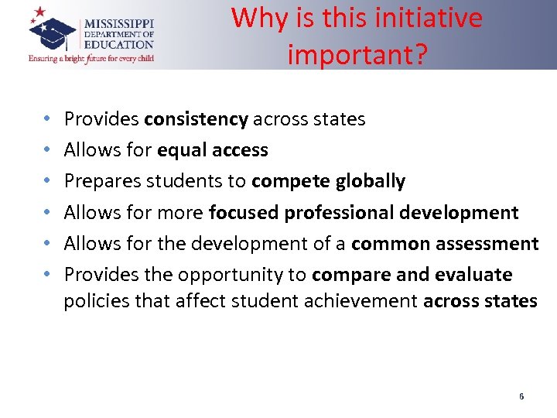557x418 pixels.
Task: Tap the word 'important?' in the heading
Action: (x=357, y=54)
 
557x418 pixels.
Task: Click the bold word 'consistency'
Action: (x=196, y=119)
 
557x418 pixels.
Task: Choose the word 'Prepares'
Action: (x=98, y=181)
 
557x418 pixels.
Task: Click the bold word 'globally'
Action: (x=371, y=181)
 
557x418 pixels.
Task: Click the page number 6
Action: (x=521, y=397)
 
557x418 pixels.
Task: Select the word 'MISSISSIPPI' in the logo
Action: (x=118, y=24)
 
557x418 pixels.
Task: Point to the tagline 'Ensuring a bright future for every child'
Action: (x=91, y=58)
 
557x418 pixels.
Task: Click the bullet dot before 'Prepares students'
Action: (x=47, y=182)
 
